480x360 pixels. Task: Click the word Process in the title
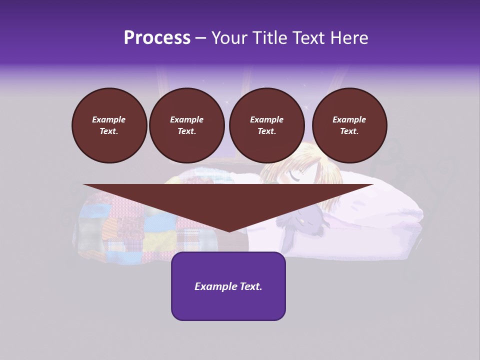click(157, 38)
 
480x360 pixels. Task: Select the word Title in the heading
click(271, 38)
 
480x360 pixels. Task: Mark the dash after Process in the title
click(200, 38)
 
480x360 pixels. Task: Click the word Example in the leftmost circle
click(109, 119)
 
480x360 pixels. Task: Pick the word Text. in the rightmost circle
click(349, 131)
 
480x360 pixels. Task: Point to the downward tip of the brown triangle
click(229, 230)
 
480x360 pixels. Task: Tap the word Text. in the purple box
click(251, 286)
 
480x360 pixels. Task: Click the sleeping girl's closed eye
click(295, 176)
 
